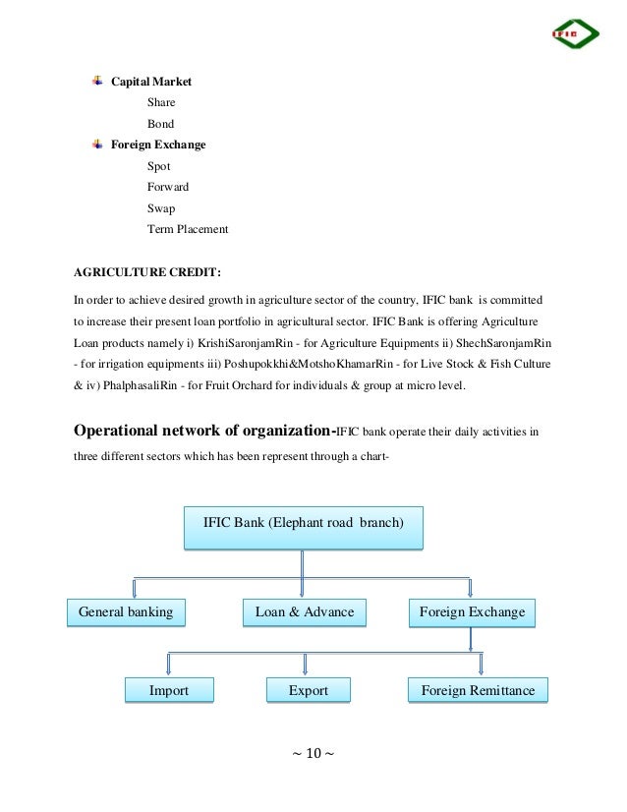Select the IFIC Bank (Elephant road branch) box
tap(303, 523)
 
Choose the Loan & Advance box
tap(304, 612)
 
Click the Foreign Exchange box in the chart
tap(472, 612)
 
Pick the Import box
tap(168, 691)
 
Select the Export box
tap(308, 691)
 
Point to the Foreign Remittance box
tap(478, 691)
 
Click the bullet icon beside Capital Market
tap(97, 80)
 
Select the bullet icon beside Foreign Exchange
tap(97, 145)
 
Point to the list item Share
tap(161, 102)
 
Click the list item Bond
tap(160, 124)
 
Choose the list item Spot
tap(158, 167)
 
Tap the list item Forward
tap(167, 188)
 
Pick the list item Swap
tap(160, 208)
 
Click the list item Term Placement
tap(187, 229)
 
